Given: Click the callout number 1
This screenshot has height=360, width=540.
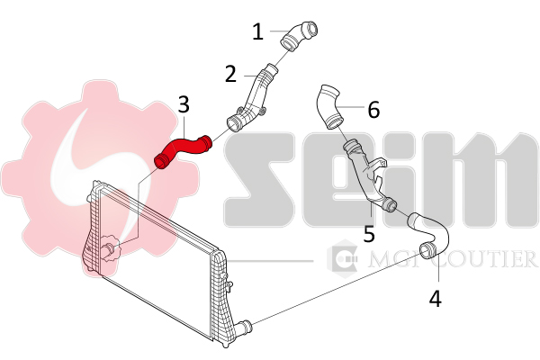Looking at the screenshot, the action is tap(257, 31).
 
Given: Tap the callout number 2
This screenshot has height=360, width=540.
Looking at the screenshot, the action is tap(230, 74).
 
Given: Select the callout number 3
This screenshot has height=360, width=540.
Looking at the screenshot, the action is tap(184, 104).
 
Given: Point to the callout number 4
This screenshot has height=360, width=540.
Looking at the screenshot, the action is tap(436, 298).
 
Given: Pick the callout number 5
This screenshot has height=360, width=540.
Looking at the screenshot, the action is tap(369, 233).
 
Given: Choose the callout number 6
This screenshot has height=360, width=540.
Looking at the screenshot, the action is tap(373, 110).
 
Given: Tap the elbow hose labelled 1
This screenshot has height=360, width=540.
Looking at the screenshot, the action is tap(298, 37).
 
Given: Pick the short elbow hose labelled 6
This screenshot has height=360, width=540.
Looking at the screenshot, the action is tap(329, 106).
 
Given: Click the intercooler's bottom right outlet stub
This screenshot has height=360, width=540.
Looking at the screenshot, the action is tap(245, 325).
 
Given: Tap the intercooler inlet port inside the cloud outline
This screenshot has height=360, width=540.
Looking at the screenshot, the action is tap(110, 248).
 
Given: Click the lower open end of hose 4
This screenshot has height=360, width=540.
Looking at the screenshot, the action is tap(427, 250).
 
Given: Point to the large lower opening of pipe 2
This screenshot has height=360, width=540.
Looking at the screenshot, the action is tap(234, 124).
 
